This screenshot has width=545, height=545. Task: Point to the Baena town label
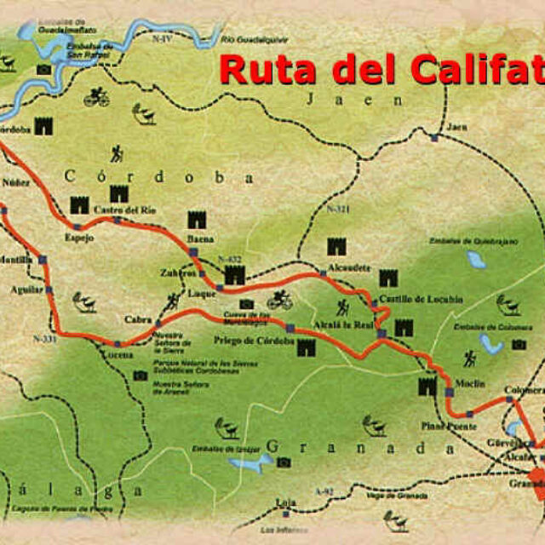coord(200,238)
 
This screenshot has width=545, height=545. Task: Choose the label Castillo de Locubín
coord(404,299)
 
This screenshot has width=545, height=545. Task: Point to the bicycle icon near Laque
coord(279,301)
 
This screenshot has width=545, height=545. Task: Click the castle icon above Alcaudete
coord(337,247)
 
